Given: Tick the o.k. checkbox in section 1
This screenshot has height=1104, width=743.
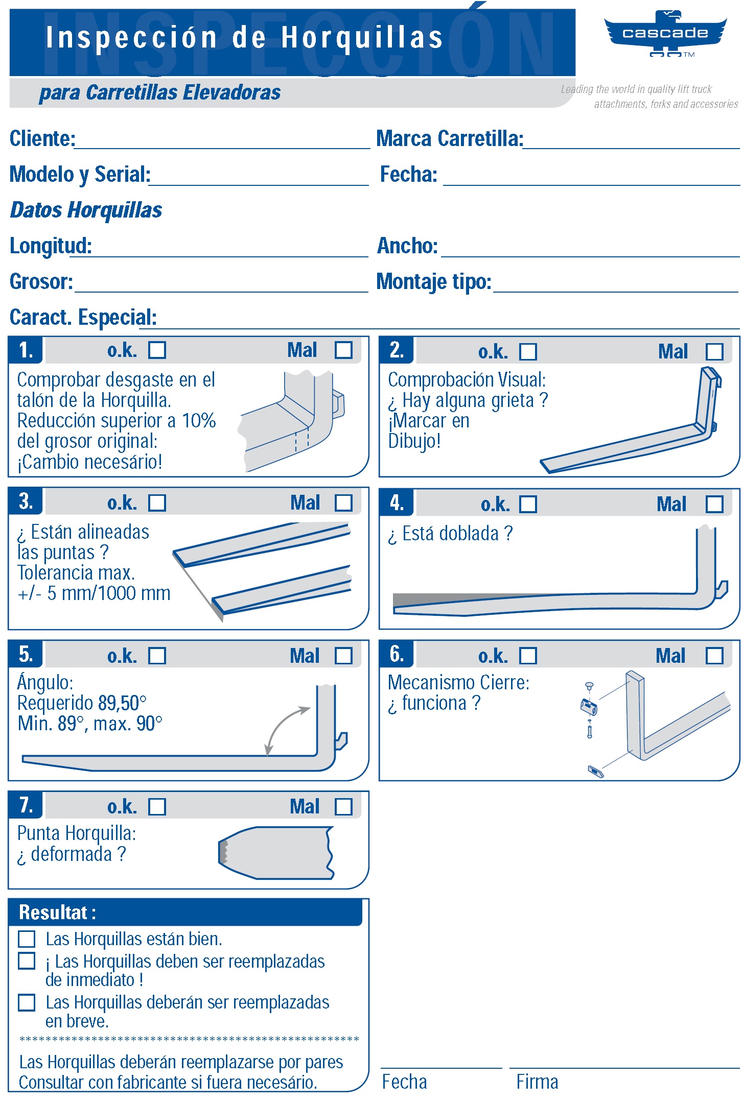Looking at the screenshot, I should pos(157,350).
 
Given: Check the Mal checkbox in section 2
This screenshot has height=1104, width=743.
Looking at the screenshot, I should pos(714,351).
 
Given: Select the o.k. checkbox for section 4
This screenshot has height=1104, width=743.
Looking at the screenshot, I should pos(528,504).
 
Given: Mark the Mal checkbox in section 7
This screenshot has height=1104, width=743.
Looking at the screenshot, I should pos(343,807).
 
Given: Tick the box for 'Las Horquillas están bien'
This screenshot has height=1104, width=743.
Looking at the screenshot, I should pos(27,939).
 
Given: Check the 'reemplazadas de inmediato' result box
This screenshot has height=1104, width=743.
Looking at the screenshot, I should pos(27,961).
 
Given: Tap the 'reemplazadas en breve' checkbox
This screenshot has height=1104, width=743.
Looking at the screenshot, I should pos(27,1002).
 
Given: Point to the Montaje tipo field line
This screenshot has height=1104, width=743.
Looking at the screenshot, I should pos(615,287).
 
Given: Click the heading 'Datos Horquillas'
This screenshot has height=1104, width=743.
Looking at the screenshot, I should pos(86,210).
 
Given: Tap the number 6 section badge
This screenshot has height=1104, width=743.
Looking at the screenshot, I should pos(397,654).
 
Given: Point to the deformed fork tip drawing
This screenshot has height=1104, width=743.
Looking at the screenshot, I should pos(276,853).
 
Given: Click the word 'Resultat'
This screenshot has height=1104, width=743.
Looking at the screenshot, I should pos(53,913).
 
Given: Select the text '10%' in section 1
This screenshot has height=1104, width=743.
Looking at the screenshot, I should pos(199,421).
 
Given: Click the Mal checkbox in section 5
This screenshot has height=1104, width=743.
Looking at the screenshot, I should pos(343,656).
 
